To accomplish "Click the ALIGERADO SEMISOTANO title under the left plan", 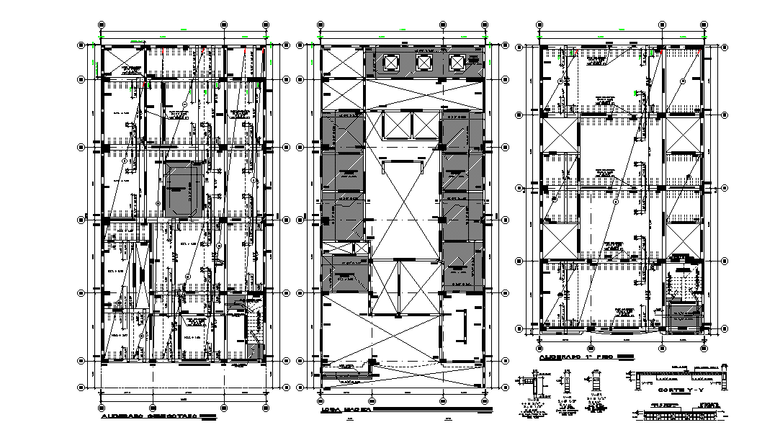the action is coord(149,416).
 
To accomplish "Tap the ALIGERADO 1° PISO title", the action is coord(576,357).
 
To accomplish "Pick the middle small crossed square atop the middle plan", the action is coord(424,63).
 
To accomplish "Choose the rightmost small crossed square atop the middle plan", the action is coord(457,63).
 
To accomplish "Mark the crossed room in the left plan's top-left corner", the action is coord(122,61).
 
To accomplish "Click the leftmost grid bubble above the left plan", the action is coord(101,24).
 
